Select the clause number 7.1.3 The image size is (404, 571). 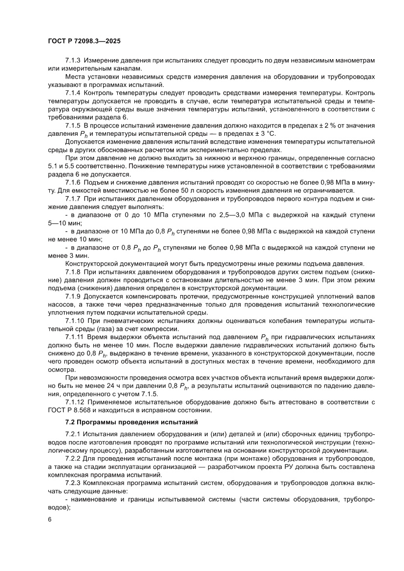[x=73, y=60]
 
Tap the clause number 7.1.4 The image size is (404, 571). [x=73, y=93]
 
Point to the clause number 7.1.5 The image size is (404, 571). [x=73, y=126]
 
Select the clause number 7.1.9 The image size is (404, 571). [x=73, y=296]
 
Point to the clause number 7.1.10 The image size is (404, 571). [x=75, y=321]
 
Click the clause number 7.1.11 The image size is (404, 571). [x=75, y=337]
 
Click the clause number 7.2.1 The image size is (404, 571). [x=73, y=434]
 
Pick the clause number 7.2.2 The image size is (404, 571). [x=73, y=459]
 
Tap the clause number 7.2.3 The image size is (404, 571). [x=73, y=483]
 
